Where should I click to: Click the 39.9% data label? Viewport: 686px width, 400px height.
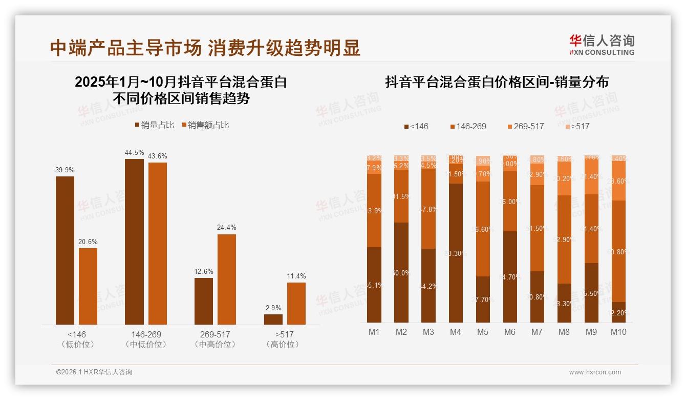[65, 170]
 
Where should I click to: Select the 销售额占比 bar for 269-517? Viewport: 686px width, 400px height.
[227, 279]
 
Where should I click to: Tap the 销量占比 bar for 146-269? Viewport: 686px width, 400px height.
[134, 241]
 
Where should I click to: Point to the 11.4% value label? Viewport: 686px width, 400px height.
[296, 276]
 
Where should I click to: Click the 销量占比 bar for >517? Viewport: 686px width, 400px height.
[273, 319]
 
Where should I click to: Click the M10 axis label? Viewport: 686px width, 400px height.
[618, 332]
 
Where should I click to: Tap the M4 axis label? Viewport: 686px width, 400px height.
[456, 332]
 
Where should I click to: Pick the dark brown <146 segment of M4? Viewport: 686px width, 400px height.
[456, 252]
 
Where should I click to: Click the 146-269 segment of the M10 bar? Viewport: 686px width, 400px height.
[618, 251]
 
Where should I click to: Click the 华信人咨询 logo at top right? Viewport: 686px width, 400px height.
[602, 45]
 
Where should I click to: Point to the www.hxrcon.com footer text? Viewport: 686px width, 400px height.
[595, 372]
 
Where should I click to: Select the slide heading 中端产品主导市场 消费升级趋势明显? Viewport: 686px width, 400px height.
[205, 48]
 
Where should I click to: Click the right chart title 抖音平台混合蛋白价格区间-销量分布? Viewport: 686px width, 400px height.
[497, 82]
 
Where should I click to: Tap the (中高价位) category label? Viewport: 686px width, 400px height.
[215, 345]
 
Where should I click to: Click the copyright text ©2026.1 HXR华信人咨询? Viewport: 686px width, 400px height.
[94, 372]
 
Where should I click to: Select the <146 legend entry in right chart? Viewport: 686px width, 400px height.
[416, 126]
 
